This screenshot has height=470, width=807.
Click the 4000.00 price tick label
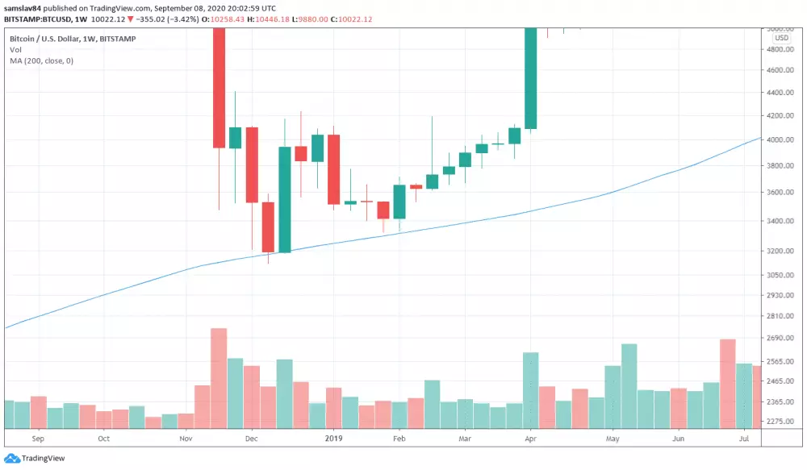click(780, 140)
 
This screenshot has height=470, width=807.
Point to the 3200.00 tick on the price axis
click(780, 252)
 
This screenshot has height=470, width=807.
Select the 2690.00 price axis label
click(780, 339)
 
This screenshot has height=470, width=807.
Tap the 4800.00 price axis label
click(780, 50)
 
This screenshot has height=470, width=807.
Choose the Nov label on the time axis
click(186, 439)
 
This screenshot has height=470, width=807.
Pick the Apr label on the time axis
click(530, 439)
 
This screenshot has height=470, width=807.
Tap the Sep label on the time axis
click(36, 439)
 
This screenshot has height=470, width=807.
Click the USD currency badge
click(781, 38)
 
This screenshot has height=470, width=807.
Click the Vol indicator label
click(15, 49)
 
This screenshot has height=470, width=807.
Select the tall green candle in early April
click(530, 77)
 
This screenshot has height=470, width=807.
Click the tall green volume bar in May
click(629, 385)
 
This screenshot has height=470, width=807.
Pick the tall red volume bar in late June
click(728, 383)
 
